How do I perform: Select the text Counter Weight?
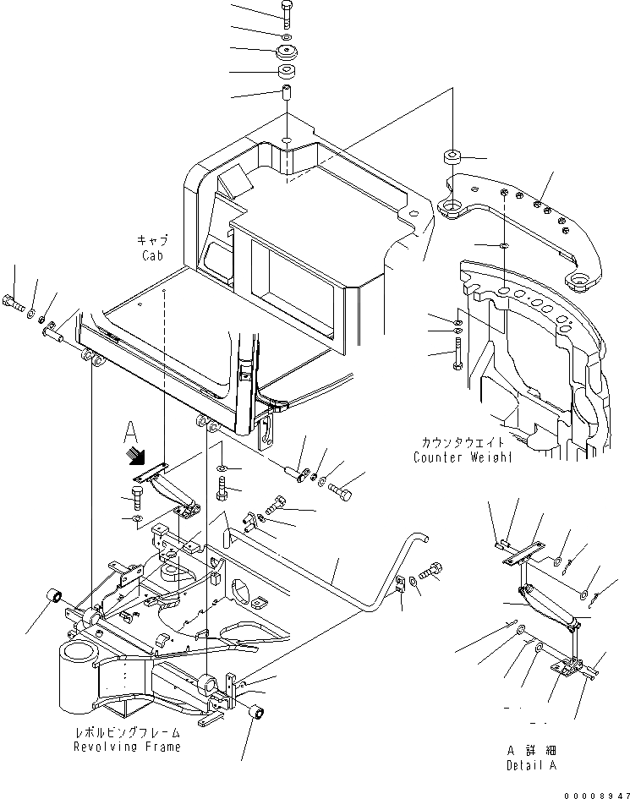[463, 457]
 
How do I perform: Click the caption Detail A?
[528, 765]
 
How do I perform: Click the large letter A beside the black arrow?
[129, 431]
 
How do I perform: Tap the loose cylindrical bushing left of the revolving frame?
[55, 600]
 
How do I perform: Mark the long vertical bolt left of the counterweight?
[457, 352]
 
